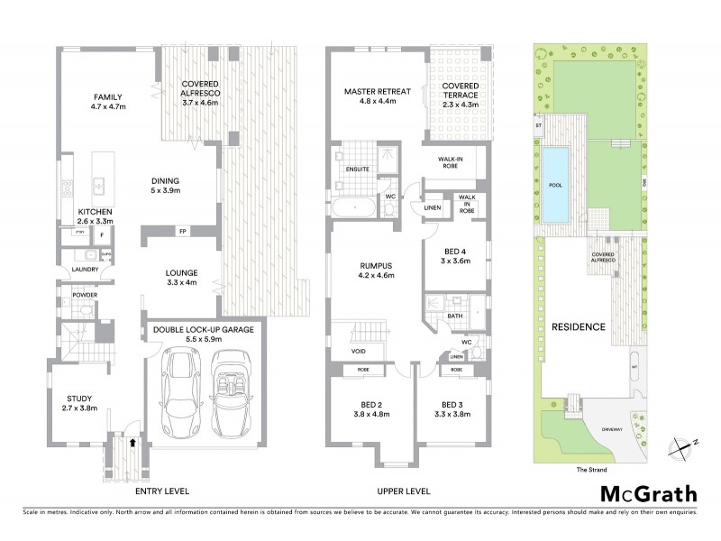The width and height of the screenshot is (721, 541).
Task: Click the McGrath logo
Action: pos(648,493)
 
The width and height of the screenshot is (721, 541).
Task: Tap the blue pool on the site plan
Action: pos(555,186)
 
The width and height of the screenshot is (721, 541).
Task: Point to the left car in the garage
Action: pos(183,389)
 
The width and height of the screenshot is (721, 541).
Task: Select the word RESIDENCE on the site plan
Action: pos(578,326)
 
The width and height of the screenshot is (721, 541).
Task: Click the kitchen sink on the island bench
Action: pos(98,187)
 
